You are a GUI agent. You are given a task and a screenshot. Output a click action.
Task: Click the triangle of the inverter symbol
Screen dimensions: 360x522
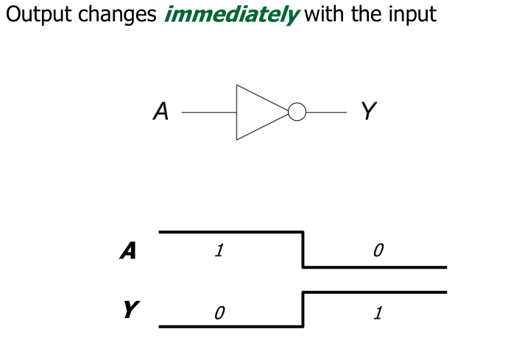(258, 113)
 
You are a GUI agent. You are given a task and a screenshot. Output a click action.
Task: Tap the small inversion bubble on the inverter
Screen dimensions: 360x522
(297, 113)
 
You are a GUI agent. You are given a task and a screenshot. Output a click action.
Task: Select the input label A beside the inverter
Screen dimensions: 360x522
(161, 112)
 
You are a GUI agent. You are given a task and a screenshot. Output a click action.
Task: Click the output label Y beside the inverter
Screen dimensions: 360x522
(368, 112)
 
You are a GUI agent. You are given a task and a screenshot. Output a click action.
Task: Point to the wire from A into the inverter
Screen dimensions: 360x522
(208, 113)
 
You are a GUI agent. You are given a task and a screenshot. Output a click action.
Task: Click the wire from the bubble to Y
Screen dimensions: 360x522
(325, 113)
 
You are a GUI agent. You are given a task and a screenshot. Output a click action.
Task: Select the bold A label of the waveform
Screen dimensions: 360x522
(128, 251)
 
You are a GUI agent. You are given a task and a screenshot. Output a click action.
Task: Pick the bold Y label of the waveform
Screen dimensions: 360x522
(130, 310)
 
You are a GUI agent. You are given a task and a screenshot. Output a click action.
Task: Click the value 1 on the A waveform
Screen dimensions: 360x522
(219, 250)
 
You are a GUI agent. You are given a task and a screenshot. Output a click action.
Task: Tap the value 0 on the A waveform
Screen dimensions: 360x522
(378, 250)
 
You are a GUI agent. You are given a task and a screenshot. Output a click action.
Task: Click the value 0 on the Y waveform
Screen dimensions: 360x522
(219, 314)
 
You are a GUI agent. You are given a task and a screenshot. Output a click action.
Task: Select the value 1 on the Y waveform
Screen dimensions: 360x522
(378, 314)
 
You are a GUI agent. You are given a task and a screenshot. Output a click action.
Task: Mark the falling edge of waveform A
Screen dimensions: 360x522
(303, 250)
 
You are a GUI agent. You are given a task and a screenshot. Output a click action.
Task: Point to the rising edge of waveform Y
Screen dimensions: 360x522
(303, 309)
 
